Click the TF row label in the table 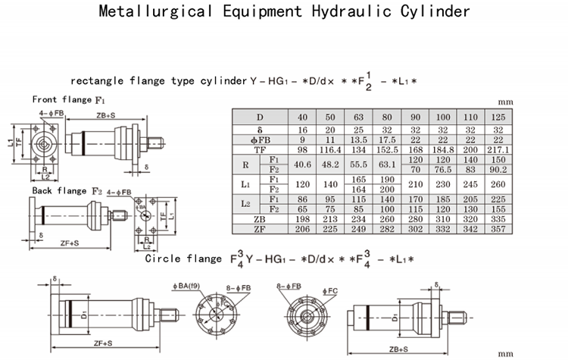point(259,150)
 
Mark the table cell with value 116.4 point(331,150)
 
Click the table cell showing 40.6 point(303,164)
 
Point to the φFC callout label point(330,290)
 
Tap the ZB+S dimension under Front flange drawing point(106,116)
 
